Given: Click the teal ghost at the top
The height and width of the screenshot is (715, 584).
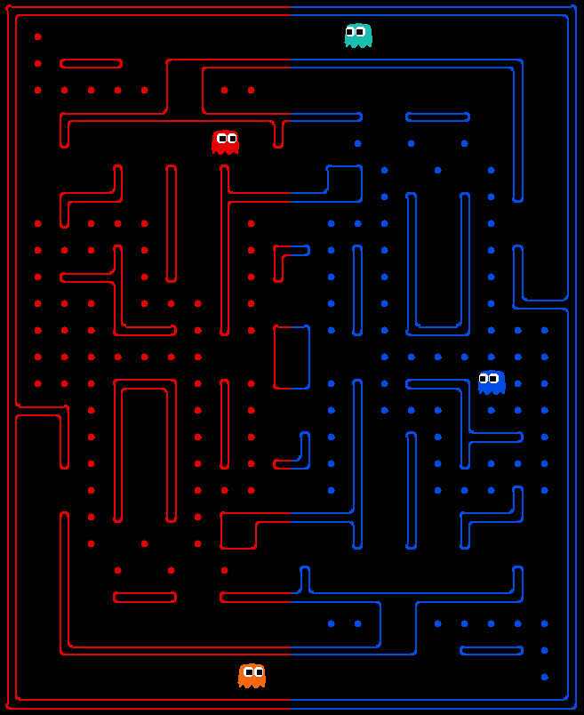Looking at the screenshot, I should point(358,36).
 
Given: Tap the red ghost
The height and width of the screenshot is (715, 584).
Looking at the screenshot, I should point(225,141).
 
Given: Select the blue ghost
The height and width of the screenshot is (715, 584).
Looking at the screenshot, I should point(492,382).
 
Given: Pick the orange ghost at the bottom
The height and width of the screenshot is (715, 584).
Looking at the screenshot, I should point(252,676).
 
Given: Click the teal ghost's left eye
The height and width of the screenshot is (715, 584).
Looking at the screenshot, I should point(352,31).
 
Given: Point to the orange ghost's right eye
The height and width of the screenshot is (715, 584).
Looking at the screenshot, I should point(258,672).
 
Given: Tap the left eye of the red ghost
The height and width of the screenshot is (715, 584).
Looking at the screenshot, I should point(220,138).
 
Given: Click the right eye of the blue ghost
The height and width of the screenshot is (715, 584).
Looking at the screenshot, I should point(495,379).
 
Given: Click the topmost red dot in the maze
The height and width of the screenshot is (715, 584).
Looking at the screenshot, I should point(37,36).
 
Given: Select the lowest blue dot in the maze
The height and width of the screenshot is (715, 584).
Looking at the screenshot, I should point(544,677).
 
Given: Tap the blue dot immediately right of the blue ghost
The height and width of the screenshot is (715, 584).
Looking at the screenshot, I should point(517,383).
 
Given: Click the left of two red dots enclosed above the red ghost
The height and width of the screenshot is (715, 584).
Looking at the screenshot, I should point(224,90).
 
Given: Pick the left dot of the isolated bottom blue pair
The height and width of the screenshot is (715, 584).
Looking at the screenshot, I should point(331,623).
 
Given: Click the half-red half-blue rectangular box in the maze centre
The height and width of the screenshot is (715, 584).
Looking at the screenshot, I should point(292,357).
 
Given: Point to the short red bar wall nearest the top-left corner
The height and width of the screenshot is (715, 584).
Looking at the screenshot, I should point(91,63).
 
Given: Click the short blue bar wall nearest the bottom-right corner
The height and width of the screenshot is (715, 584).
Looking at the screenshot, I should point(491,650).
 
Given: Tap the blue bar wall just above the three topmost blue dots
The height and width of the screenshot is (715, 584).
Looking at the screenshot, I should point(437,116).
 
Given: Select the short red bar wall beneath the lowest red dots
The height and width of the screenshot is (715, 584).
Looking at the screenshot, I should point(144,597).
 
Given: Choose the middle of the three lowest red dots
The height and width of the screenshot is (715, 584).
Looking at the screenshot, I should point(171,570).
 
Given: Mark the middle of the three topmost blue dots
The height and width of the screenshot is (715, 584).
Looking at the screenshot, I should point(411,143).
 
